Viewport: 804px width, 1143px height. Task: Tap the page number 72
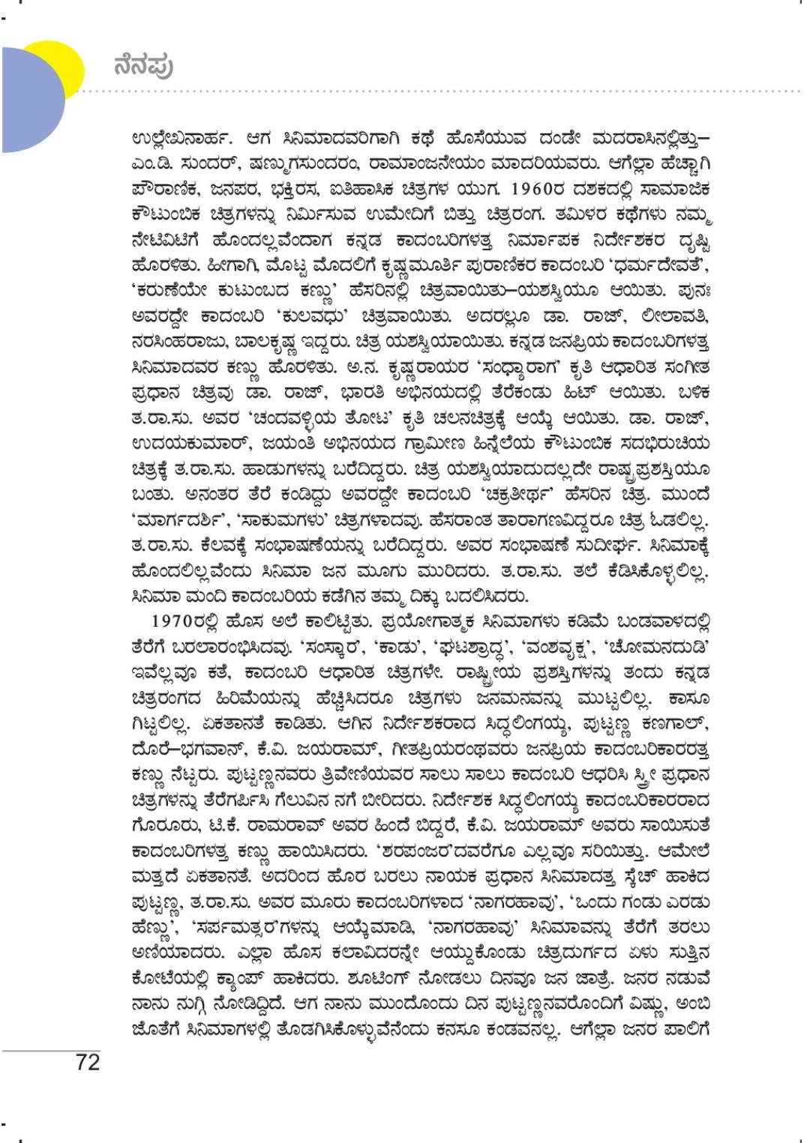click(x=87, y=1062)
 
